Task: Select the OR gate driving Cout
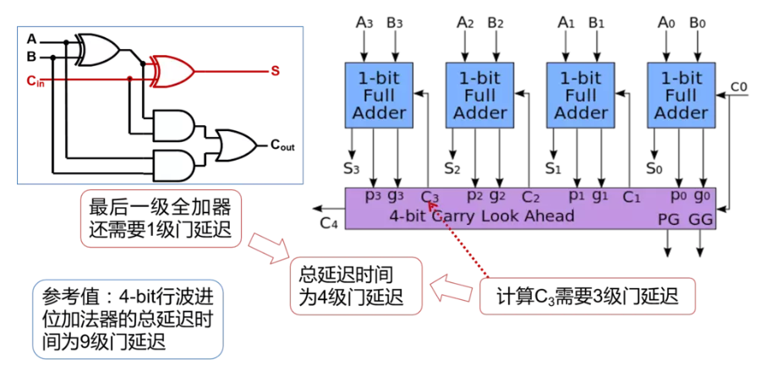click(x=238, y=145)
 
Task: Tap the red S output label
click(x=275, y=70)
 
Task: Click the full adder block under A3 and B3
click(x=377, y=94)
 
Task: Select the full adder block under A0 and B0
click(x=681, y=94)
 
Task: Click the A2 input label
click(x=466, y=21)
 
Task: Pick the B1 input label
click(x=595, y=21)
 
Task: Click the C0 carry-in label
click(x=740, y=85)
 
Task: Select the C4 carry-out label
click(x=329, y=224)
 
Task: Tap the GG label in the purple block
click(x=701, y=220)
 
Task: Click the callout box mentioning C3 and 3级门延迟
click(x=587, y=296)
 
